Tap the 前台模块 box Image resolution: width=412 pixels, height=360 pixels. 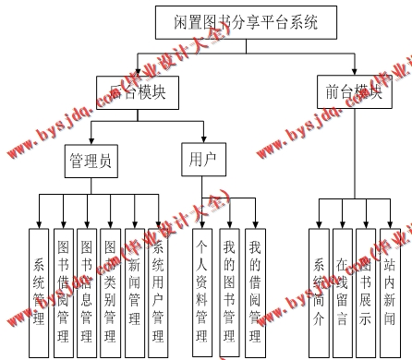[354, 91]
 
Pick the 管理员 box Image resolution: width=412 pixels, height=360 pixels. [91, 162]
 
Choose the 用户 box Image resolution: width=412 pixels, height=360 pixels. [200, 160]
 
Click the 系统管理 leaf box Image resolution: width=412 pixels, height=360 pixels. [38, 291]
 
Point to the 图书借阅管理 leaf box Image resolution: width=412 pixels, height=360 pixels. [63, 291]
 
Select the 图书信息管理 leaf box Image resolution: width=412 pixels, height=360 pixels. [87, 291]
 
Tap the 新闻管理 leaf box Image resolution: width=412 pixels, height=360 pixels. [134, 291]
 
